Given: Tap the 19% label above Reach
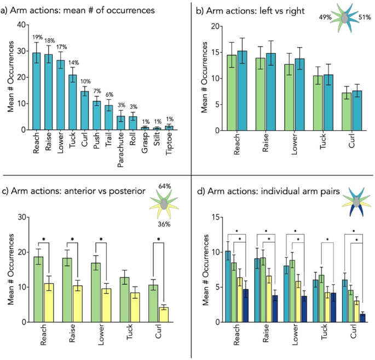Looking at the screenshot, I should (37, 37).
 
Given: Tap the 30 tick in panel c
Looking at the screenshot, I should (22, 217).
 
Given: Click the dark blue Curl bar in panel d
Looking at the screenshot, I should (362, 318).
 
